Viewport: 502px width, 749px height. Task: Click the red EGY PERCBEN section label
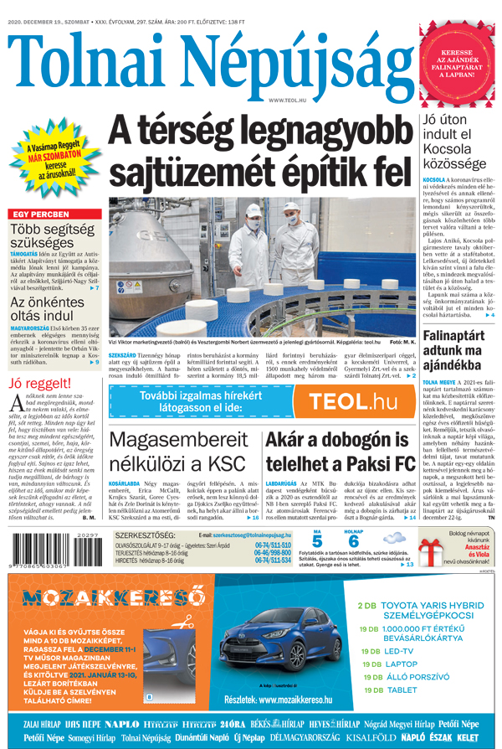[x=39, y=214]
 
